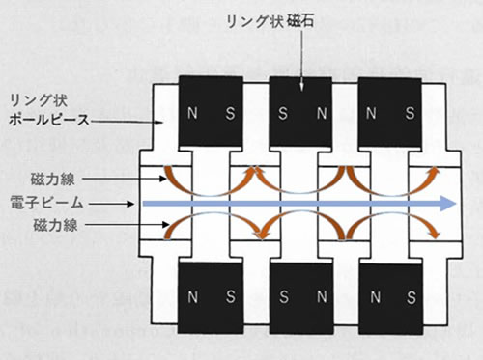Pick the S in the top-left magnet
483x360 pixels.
(229, 114)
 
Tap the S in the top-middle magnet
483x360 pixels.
(283, 114)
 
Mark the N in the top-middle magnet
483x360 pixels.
(319, 114)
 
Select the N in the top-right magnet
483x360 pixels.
(373, 114)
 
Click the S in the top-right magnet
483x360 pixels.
(410, 114)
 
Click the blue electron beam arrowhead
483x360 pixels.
(446, 203)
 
